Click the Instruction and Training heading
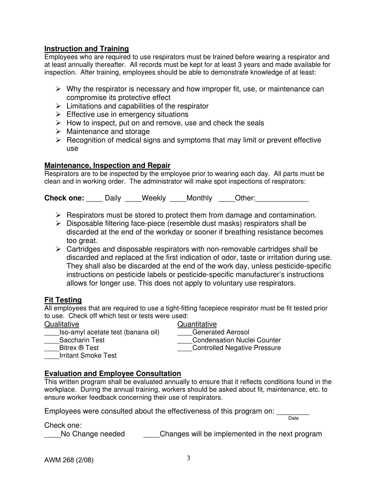pyautogui.click(x=87, y=49)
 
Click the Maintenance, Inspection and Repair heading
pyautogui.click(x=107, y=165)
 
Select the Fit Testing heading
pyautogui.click(x=63, y=300)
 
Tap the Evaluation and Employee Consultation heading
pyautogui.click(x=113, y=374)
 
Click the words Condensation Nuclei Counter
pyautogui.click(x=236, y=340)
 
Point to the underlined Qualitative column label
pyautogui.click(x=62, y=325)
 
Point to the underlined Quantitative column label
pyautogui.click(x=197, y=325)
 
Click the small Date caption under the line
pyautogui.click(x=293, y=418)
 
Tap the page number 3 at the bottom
pyautogui.click(x=188, y=459)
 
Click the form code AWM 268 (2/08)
pyautogui.click(x=69, y=461)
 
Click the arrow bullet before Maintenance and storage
pyautogui.click(x=58, y=131)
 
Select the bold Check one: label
pyautogui.click(x=64, y=198)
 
